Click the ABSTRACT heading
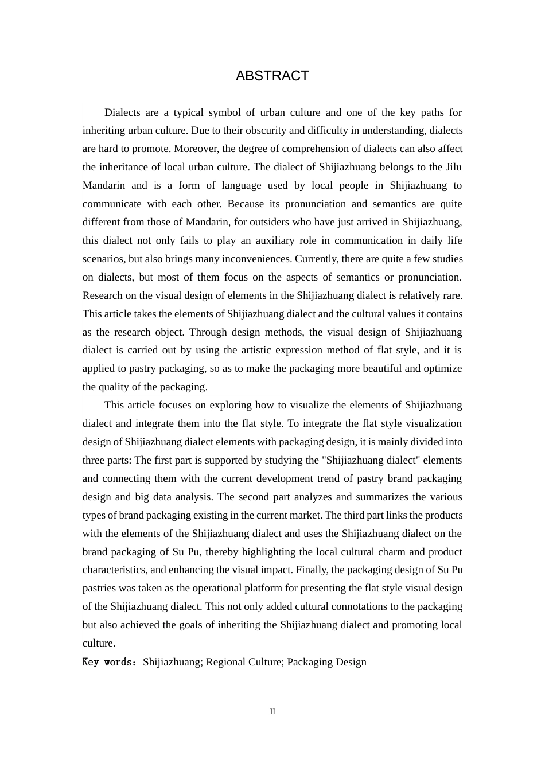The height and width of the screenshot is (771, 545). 272,76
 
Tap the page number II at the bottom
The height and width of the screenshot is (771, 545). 272,711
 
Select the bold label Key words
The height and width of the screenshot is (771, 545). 108,662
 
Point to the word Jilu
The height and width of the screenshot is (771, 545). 453,167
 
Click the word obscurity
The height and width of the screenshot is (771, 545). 259,130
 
